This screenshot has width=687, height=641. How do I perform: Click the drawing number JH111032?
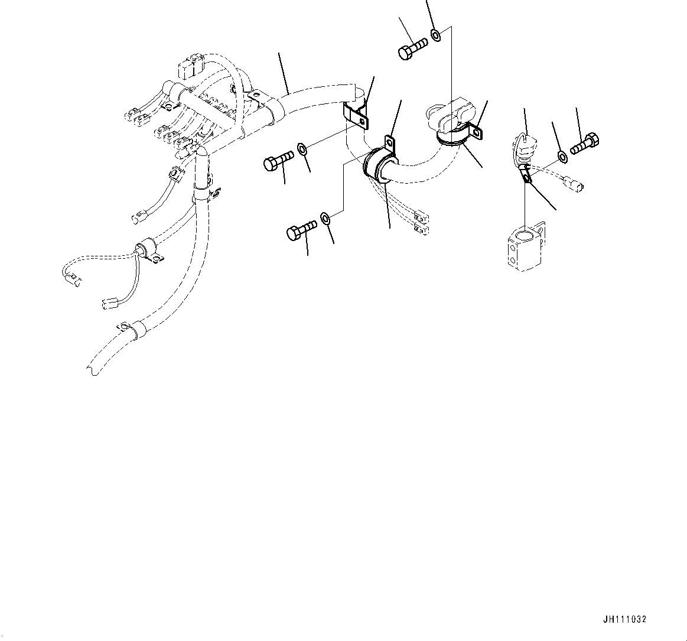click(x=624, y=619)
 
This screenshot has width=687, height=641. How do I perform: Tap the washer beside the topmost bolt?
click(x=436, y=35)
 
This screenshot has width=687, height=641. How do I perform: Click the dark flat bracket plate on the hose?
click(x=357, y=115)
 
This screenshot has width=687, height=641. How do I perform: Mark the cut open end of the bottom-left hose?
click(x=92, y=369)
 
